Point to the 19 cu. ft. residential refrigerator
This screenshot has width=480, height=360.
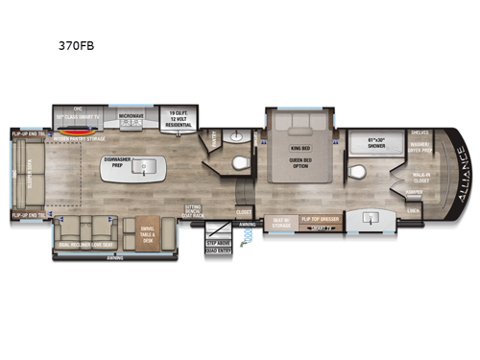click(179, 116)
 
